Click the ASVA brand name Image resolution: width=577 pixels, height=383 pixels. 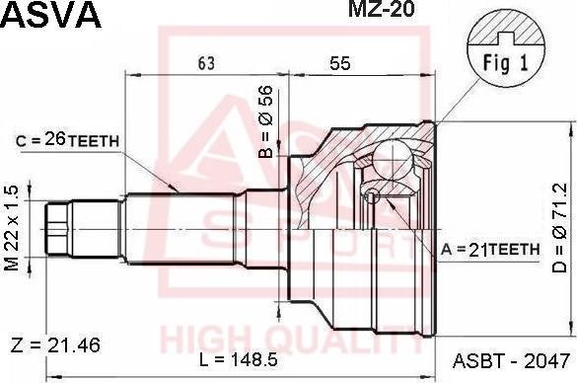(x=50, y=15)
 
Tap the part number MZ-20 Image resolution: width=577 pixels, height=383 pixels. (x=382, y=9)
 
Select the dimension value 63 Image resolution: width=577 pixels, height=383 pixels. (x=206, y=63)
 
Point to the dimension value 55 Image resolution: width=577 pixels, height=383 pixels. (x=340, y=63)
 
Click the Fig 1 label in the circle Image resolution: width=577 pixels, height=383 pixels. (x=505, y=62)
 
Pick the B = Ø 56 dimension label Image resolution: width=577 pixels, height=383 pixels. (x=265, y=121)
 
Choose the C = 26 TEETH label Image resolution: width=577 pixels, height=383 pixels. (x=67, y=141)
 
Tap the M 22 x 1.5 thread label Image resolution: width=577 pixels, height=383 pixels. (x=11, y=228)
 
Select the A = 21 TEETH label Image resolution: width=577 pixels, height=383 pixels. (x=490, y=250)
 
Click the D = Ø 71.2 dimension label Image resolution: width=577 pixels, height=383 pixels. (x=560, y=228)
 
